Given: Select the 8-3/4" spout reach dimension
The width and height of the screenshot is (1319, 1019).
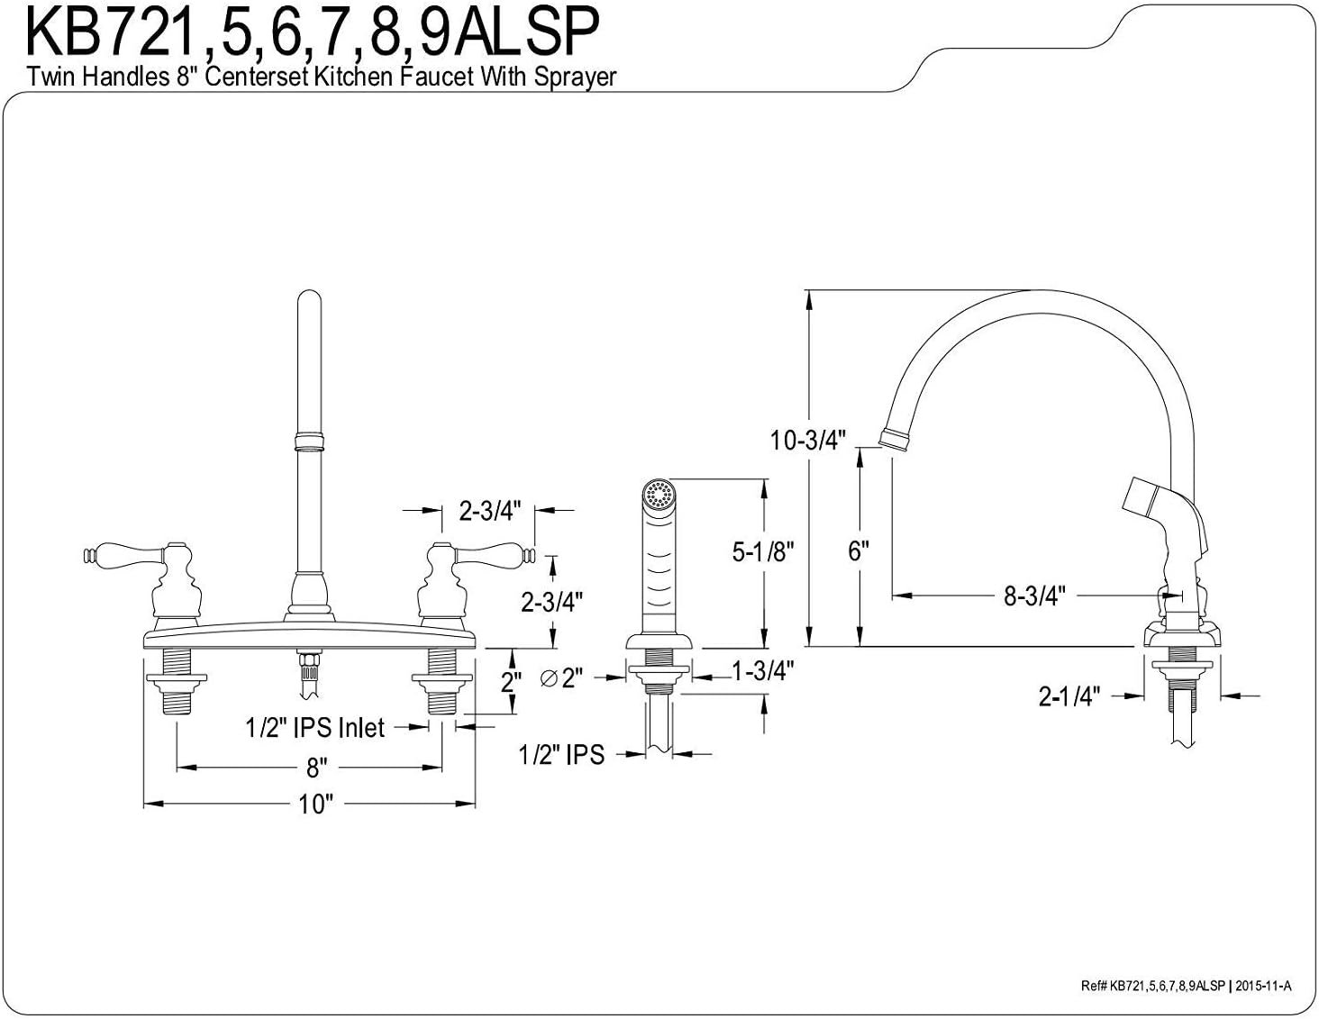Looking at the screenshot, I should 1034,596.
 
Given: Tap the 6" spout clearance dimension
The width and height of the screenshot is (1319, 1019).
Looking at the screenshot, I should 858,551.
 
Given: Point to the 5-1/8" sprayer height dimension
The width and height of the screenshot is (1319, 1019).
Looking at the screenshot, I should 762,551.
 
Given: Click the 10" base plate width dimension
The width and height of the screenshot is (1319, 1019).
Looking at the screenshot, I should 315,804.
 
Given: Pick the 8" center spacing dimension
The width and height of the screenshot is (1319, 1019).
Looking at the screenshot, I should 315,768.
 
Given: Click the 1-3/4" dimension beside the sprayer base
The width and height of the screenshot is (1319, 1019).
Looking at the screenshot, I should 762,671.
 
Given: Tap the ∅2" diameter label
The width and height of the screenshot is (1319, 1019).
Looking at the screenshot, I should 561,678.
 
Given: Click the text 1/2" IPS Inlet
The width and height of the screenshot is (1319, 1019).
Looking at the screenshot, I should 315,727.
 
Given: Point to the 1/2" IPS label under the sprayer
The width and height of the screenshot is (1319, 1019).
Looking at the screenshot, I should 561,754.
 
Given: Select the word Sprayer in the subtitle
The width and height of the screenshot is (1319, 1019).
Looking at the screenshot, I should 575,77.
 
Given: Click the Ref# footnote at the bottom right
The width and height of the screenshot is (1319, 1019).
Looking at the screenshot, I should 1186,986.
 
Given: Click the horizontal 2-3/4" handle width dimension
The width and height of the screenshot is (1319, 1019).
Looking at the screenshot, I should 489,511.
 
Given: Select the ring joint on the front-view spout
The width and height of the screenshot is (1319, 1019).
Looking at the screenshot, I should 308,441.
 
